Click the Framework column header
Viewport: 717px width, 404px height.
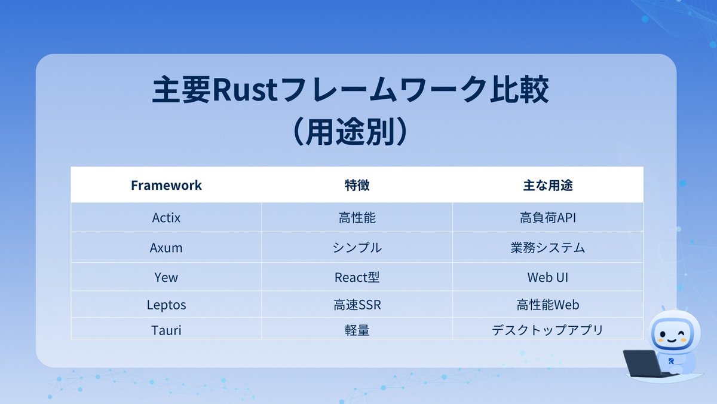[x=166, y=186]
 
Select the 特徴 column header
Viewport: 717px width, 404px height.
[x=357, y=186]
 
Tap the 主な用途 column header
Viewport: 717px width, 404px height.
[x=548, y=186]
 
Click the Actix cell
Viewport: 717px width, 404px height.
[x=166, y=218]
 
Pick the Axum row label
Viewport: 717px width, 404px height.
[x=166, y=247]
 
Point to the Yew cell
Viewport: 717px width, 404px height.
[x=166, y=277]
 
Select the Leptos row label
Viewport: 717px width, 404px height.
[x=166, y=305]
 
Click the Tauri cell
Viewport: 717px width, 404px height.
[x=166, y=329]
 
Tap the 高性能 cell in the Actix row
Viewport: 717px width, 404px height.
[x=357, y=218]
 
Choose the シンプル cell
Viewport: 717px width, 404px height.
[x=357, y=247]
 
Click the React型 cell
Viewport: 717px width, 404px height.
[x=357, y=277]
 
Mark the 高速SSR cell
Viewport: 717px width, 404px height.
[x=357, y=305]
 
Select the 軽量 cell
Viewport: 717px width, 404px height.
[x=357, y=329]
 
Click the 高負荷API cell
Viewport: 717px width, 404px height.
[x=548, y=218]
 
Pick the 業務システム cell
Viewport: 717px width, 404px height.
[x=548, y=247]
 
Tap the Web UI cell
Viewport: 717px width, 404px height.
[x=548, y=277]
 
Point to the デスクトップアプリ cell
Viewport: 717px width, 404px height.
[x=548, y=329]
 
